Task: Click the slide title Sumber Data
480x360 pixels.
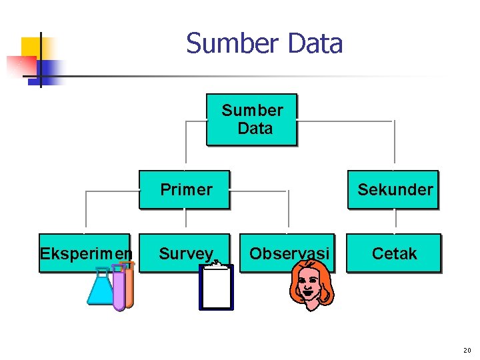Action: click(264, 44)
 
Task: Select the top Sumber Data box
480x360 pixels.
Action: click(251, 119)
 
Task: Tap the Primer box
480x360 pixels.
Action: click(184, 189)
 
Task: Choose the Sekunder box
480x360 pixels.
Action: click(393, 189)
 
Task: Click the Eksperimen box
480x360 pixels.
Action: click(85, 253)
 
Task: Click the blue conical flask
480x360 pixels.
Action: click(101, 289)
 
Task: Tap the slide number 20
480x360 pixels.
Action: click(467, 350)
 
